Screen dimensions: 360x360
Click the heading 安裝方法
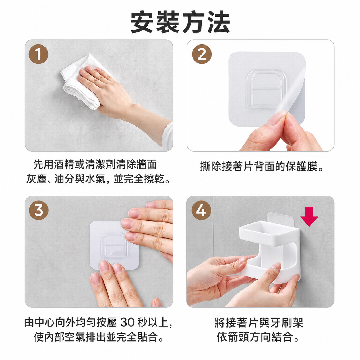coord(180,22)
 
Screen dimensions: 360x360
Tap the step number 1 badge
coord(38,54)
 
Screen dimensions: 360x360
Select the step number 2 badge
coord(202,54)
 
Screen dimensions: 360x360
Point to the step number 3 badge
coord(38,210)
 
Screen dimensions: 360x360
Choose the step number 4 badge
coord(201,210)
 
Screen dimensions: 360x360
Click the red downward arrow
coord(309,216)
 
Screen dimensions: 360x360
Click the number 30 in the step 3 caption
coord(127,322)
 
